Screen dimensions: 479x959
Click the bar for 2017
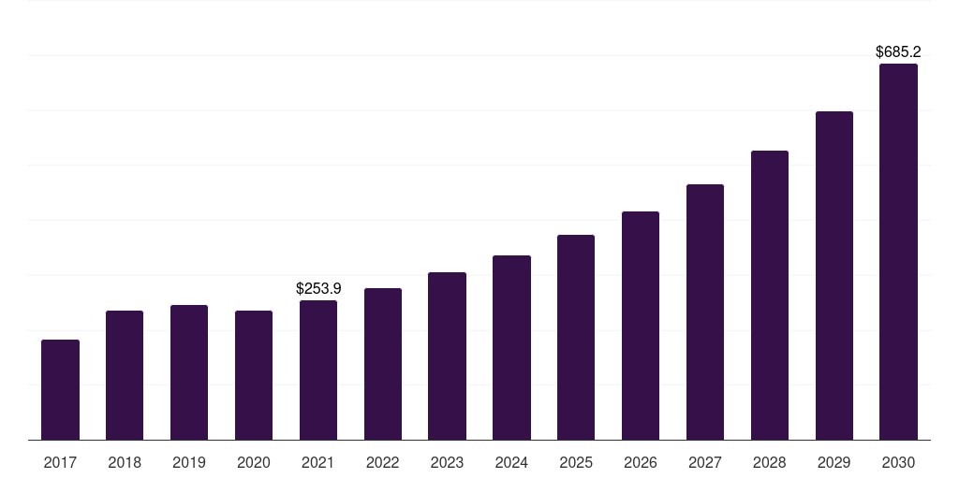(x=60, y=389)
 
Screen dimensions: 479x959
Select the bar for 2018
(x=125, y=375)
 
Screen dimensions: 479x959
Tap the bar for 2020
(x=254, y=375)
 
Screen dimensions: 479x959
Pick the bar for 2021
(x=318, y=370)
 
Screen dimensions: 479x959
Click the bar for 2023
(x=447, y=356)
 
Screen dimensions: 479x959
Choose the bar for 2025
(x=576, y=337)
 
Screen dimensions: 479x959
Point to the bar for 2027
(x=705, y=312)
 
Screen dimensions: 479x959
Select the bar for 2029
(x=834, y=275)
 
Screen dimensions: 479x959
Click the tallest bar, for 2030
(x=898, y=252)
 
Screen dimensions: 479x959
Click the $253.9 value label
(x=318, y=288)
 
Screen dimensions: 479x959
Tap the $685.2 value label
(x=898, y=52)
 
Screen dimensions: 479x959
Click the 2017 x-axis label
(x=60, y=462)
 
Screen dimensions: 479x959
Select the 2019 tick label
(x=189, y=462)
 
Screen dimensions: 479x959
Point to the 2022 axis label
(x=382, y=462)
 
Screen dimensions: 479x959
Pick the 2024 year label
(x=511, y=462)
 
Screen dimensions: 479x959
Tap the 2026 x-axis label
(x=641, y=462)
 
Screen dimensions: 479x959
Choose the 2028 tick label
(x=770, y=462)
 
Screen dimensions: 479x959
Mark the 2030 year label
(x=898, y=462)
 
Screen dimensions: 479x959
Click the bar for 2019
(x=189, y=372)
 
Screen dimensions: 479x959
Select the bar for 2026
(x=641, y=326)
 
